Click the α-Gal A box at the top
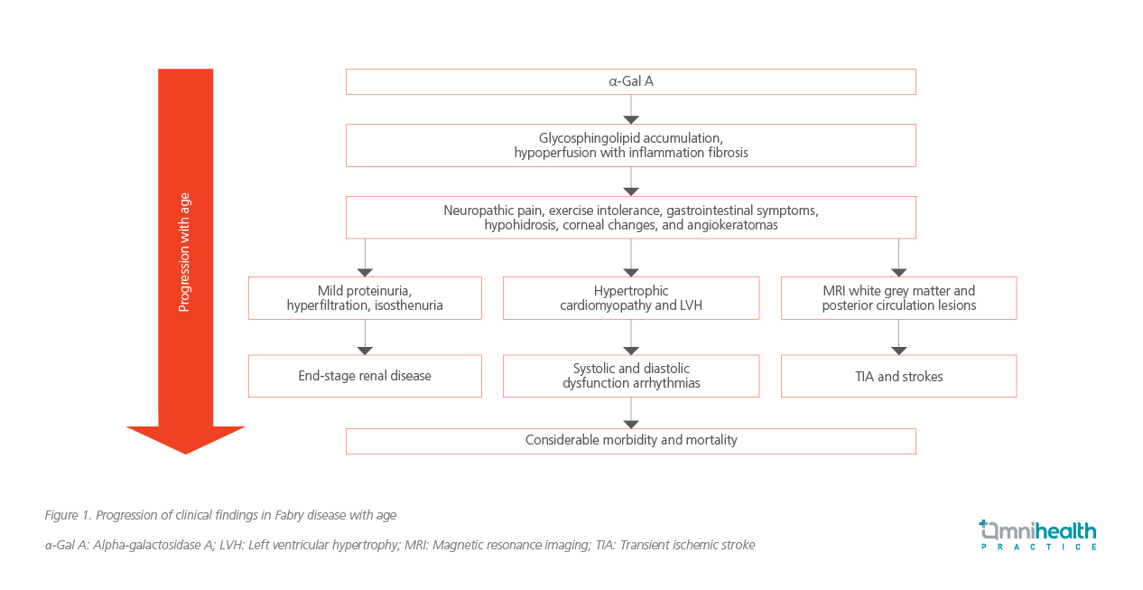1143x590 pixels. pyautogui.click(x=631, y=81)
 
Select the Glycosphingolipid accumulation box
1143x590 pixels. pyautogui.click(x=631, y=145)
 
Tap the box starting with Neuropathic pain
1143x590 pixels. pyautogui.click(x=631, y=218)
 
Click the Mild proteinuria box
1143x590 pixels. pyautogui.click(x=365, y=298)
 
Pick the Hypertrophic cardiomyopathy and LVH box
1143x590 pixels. pyautogui.click(x=631, y=298)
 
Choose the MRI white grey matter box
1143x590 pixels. pyautogui.click(x=898, y=298)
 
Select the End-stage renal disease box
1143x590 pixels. pyautogui.click(x=365, y=376)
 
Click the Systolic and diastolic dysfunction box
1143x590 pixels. pyautogui.click(x=631, y=376)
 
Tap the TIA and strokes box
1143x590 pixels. pyautogui.click(x=898, y=376)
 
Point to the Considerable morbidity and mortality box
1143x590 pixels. pyautogui.click(x=631, y=441)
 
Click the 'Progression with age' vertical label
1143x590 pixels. pyautogui.click(x=184, y=252)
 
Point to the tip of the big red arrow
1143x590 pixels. pyautogui.click(x=186, y=454)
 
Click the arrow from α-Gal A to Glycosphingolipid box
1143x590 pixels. pyautogui.click(x=631, y=109)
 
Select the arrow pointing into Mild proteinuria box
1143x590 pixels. pyautogui.click(x=365, y=258)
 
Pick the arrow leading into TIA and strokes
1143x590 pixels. pyautogui.click(x=898, y=337)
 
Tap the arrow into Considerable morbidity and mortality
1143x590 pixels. pyautogui.click(x=631, y=413)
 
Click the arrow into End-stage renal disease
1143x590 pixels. pyautogui.click(x=365, y=337)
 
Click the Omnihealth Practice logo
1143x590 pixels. pyautogui.click(x=1038, y=535)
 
